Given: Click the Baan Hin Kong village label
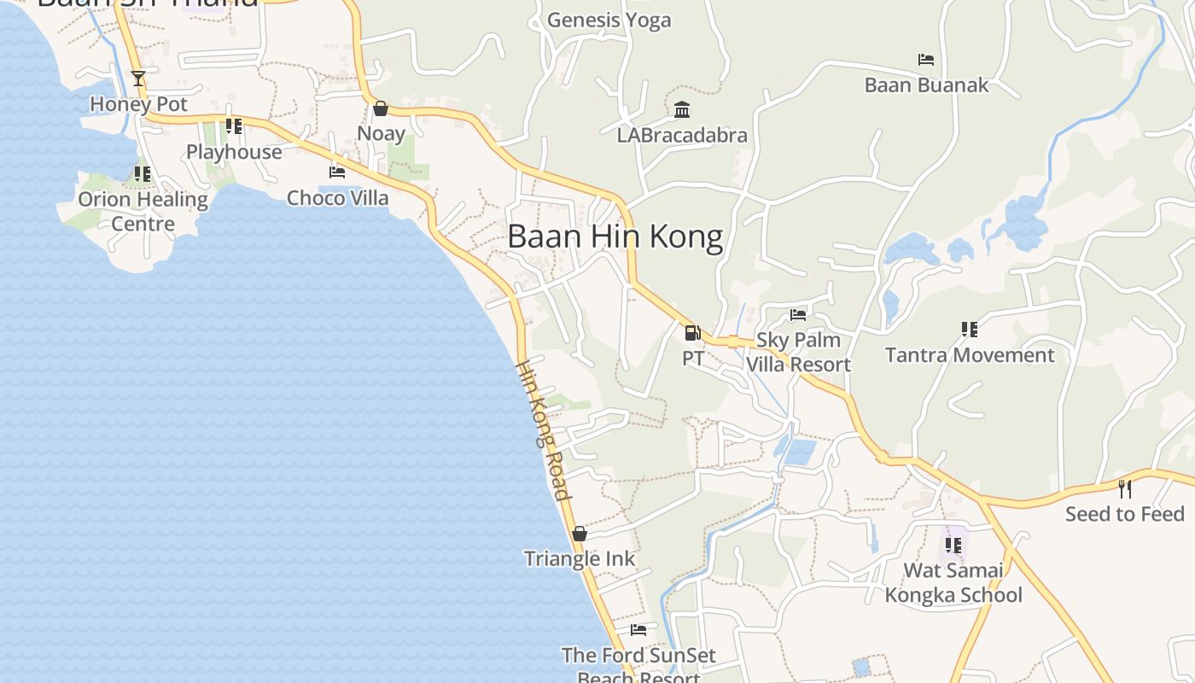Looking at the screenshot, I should pos(615,236).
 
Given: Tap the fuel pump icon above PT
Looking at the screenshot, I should pos(692,332).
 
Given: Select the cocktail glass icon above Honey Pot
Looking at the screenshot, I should pos(138,79).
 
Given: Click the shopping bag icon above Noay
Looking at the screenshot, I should pos(381,108).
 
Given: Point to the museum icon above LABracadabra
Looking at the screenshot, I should pos(682,110).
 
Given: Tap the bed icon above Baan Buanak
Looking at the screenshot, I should pos(926,60).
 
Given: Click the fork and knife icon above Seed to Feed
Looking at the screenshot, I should pos(1125,489).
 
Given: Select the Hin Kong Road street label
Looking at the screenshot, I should pos(543,429).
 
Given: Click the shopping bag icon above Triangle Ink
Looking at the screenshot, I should pos(580,534).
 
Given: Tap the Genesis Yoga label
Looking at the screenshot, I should pos(609,20).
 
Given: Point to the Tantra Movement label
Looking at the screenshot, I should pos(970,355).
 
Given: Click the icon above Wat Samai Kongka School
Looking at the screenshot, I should pos(953,545).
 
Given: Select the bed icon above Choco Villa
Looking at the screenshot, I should pos(337,172).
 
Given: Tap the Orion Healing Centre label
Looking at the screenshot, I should pos(143,211).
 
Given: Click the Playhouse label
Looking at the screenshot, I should pos(234,152).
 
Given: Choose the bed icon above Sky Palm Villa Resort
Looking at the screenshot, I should pos(798,315).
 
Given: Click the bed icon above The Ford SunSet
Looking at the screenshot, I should pos(638,630).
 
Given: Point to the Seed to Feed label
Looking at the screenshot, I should pos(1125,514).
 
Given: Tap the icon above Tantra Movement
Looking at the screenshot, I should pos(969,330).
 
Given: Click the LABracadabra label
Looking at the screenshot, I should pos(682,135).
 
